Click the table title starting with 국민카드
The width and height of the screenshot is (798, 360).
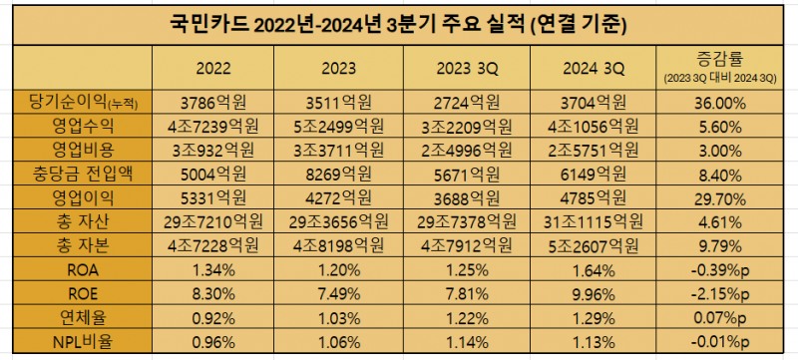(399, 22)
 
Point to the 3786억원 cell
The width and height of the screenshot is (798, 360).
(214, 103)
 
